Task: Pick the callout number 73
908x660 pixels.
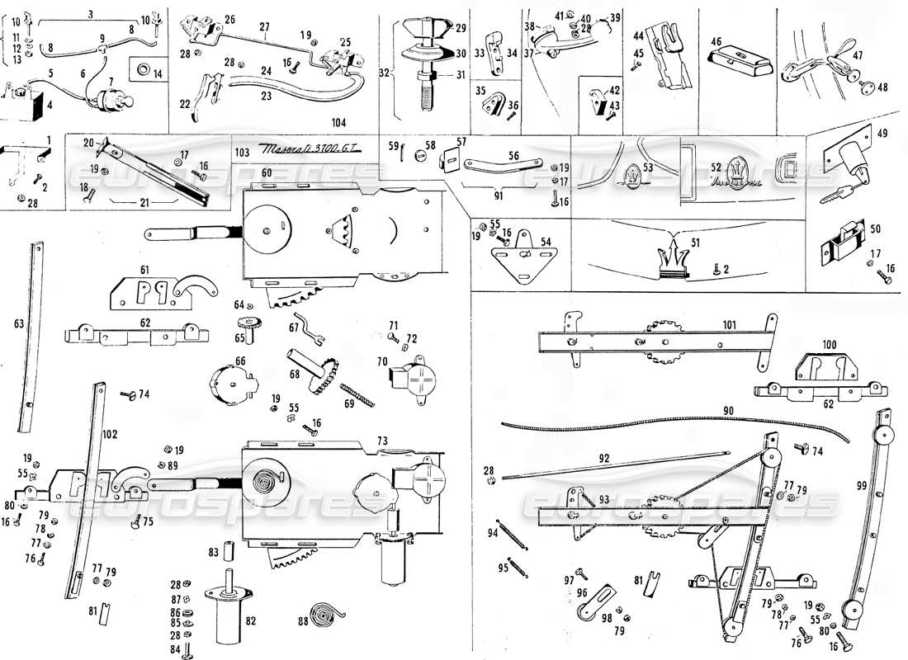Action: coord(382,441)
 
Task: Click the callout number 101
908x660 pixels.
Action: coord(727,324)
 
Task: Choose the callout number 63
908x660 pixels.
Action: coord(18,324)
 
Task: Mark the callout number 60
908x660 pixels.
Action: coord(267,172)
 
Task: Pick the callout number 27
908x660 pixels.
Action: coord(264,26)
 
